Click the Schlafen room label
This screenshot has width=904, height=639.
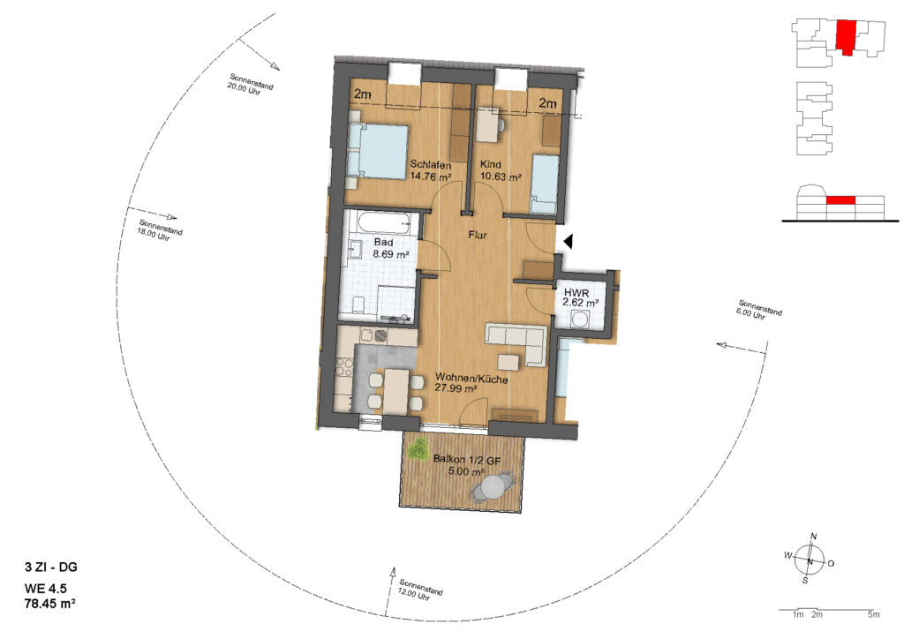(430, 165)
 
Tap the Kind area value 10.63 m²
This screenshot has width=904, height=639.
(501, 177)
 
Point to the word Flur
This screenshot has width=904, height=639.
(478, 235)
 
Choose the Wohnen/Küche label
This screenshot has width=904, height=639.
(471, 380)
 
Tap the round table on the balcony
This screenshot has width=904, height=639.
(493, 487)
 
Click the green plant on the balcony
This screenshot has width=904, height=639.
(417, 448)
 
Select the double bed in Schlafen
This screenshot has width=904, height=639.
(378, 151)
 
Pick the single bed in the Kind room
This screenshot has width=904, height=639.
(544, 184)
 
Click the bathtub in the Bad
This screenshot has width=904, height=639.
(381, 223)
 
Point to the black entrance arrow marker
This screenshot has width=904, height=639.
(568, 242)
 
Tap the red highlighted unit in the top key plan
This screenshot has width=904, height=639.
(845, 37)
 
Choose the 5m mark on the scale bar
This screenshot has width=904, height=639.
(873, 614)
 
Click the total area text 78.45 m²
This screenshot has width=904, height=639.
(50, 604)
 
